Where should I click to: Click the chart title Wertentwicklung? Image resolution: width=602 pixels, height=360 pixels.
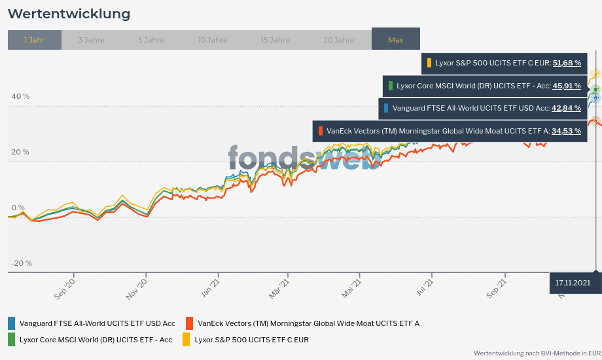click(69, 14)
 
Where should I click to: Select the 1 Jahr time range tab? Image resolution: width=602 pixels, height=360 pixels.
click(35, 40)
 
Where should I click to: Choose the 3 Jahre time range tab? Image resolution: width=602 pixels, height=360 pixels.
click(91, 40)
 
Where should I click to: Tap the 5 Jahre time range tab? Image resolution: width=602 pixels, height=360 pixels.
click(151, 40)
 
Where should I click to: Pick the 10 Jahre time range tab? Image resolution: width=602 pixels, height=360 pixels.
click(213, 40)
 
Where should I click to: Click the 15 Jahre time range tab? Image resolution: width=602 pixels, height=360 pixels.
click(275, 40)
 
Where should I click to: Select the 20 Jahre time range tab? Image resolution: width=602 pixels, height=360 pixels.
click(339, 40)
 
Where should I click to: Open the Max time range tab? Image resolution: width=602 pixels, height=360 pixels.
click(396, 40)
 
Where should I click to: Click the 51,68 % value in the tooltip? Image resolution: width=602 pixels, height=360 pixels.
click(567, 63)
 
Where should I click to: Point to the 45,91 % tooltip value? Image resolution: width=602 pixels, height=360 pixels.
click(567, 86)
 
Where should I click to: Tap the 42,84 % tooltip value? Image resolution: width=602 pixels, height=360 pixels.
click(567, 108)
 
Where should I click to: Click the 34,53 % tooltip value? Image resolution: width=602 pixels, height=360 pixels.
click(567, 131)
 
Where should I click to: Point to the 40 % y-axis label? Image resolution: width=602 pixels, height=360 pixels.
click(20, 96)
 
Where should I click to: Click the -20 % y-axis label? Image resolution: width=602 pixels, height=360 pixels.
click(22, 263)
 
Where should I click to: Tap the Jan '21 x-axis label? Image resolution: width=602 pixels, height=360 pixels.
click(211, 289)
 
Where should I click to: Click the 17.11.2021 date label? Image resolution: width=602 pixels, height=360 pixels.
click(573, 283)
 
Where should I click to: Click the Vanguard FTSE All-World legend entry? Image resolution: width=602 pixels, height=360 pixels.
click(97, 323)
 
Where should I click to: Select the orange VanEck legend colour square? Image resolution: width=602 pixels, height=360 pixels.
click(189, 323)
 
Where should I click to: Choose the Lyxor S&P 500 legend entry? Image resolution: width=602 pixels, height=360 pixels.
click(251, 340)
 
